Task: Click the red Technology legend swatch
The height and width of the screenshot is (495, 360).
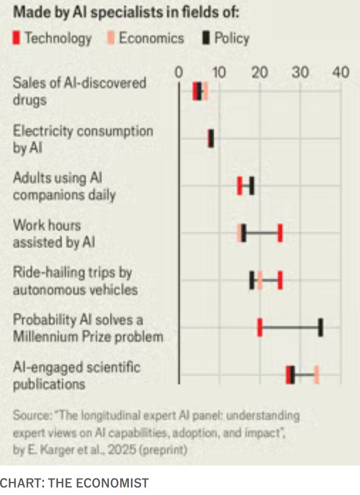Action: [x=16, y=39]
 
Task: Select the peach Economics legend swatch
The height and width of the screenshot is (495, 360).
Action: [x=111, y=39]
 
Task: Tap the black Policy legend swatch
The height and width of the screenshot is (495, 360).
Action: [x=206, y=39]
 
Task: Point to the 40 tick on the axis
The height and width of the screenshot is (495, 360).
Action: [x=341, y=73]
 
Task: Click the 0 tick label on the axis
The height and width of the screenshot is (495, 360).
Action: [x=179, y=73]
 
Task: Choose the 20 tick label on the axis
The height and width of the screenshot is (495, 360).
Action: [x=260, y=73]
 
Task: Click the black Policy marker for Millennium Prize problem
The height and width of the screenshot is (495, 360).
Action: [x=320, y=328]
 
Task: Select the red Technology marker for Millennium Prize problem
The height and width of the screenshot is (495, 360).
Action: [x=260, y=328]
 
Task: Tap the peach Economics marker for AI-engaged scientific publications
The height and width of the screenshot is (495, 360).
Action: [x=317, y=375]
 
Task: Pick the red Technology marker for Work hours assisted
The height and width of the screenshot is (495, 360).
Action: [x=280, y=233]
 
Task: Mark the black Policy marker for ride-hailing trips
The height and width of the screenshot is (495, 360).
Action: [x=252, y=280]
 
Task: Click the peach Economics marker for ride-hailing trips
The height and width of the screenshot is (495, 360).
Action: [x=260, y=280]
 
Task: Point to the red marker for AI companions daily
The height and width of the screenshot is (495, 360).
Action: [x=239, y=186]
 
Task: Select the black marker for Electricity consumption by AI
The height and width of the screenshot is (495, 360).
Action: [x=211, y=139]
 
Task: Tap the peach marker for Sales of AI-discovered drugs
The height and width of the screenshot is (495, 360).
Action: [x=205, y=91]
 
